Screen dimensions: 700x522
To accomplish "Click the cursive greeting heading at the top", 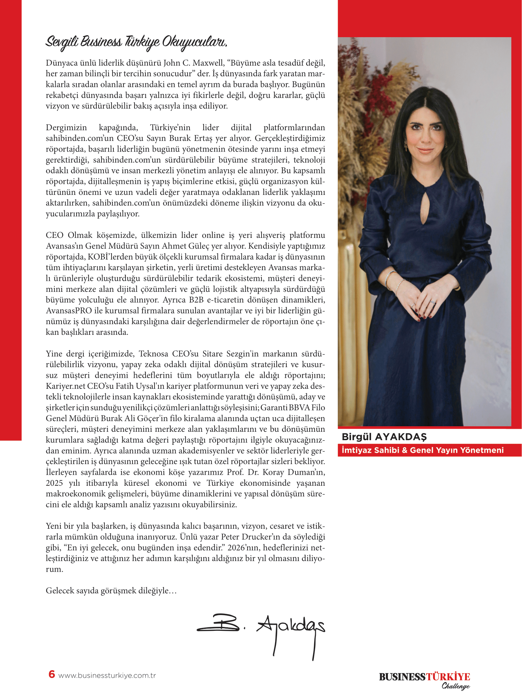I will point(136,42).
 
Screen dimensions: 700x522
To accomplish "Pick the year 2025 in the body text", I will point(54,483).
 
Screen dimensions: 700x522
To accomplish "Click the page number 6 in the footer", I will point(52,674).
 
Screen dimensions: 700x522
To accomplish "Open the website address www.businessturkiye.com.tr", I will point(107,675).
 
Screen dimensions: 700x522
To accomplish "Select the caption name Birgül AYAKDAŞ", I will point(384,437).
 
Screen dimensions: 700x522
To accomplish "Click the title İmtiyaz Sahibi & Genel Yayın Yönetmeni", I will point(422,450).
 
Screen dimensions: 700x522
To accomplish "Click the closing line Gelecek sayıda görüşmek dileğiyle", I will point(111,591).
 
